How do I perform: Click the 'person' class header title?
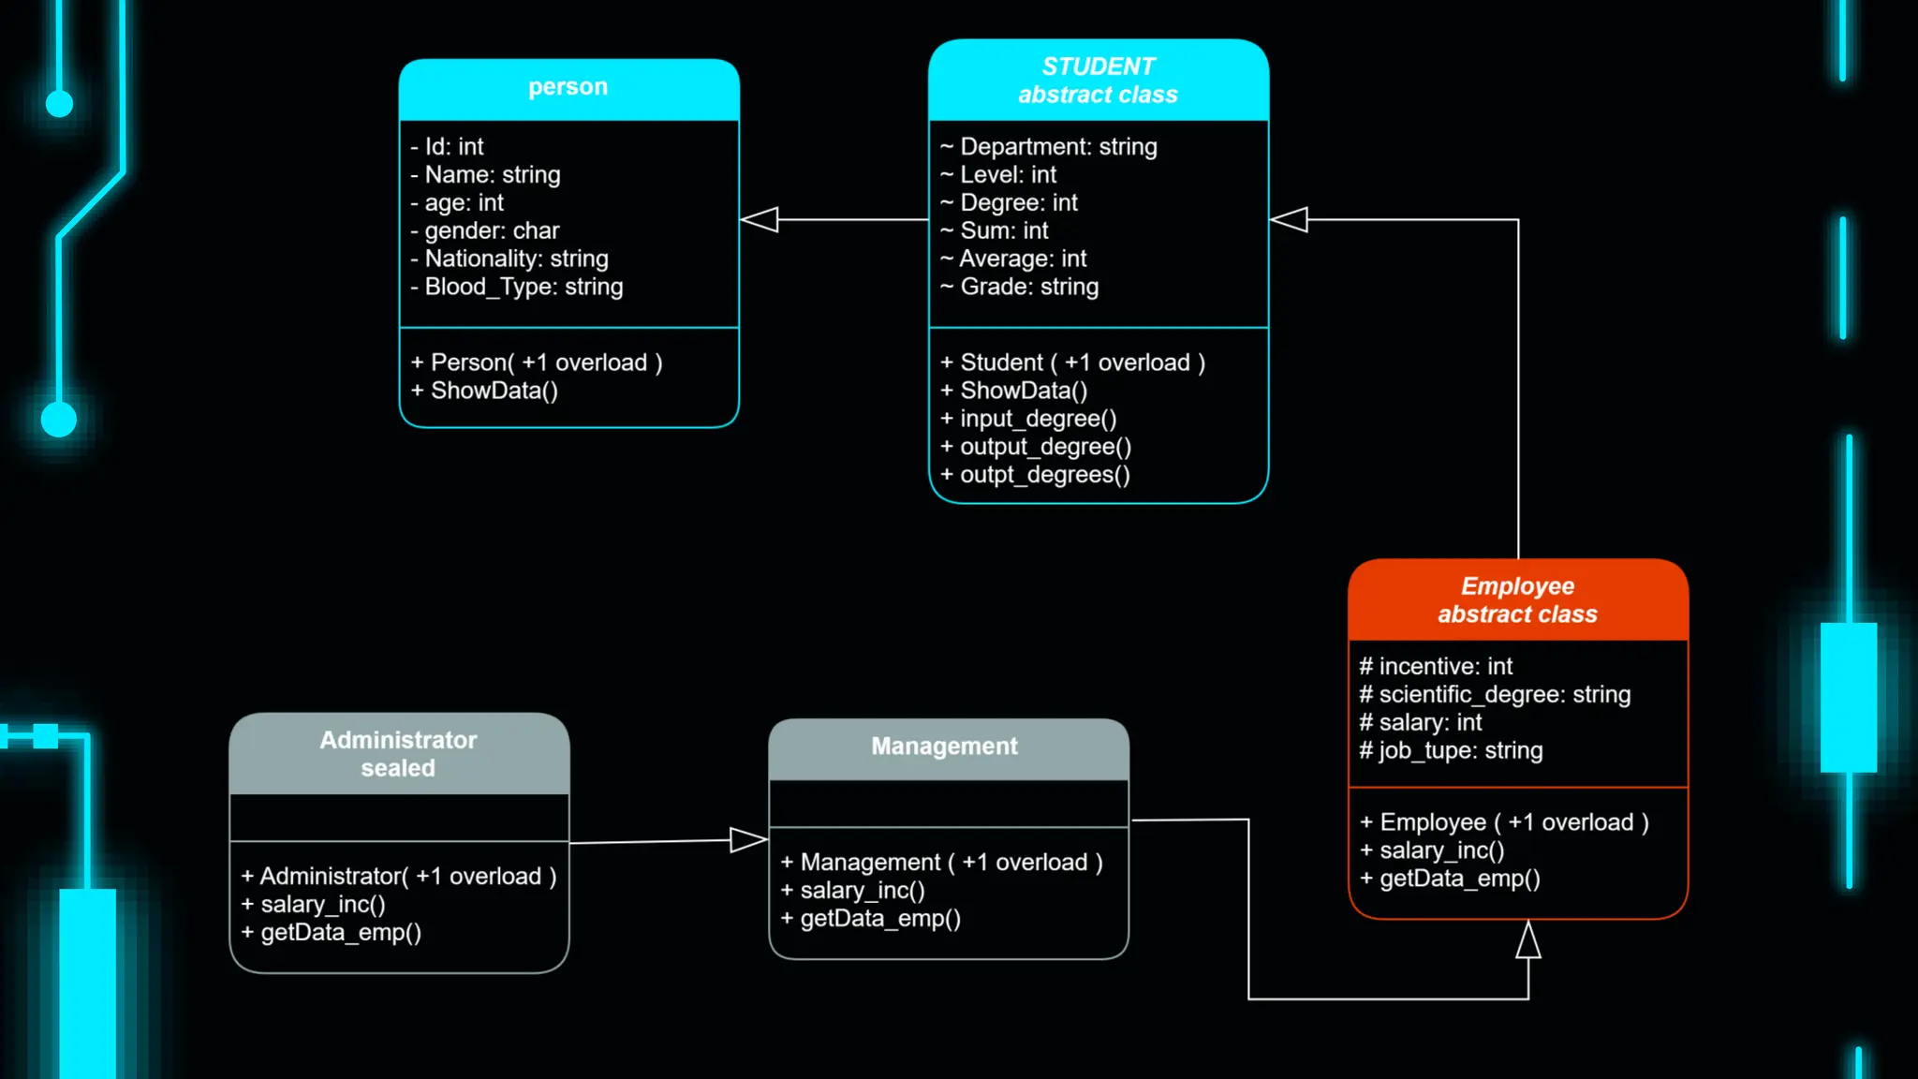(568, 87)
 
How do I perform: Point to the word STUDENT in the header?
(1098, 67)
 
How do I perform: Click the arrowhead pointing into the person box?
(760, 220)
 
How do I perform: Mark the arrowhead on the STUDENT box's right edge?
(1290, 220)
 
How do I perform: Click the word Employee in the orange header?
(1517, 586)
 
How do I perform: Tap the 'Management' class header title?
(944, 746)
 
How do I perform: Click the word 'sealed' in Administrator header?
(398, 769)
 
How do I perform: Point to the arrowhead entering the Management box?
(748, 839)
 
